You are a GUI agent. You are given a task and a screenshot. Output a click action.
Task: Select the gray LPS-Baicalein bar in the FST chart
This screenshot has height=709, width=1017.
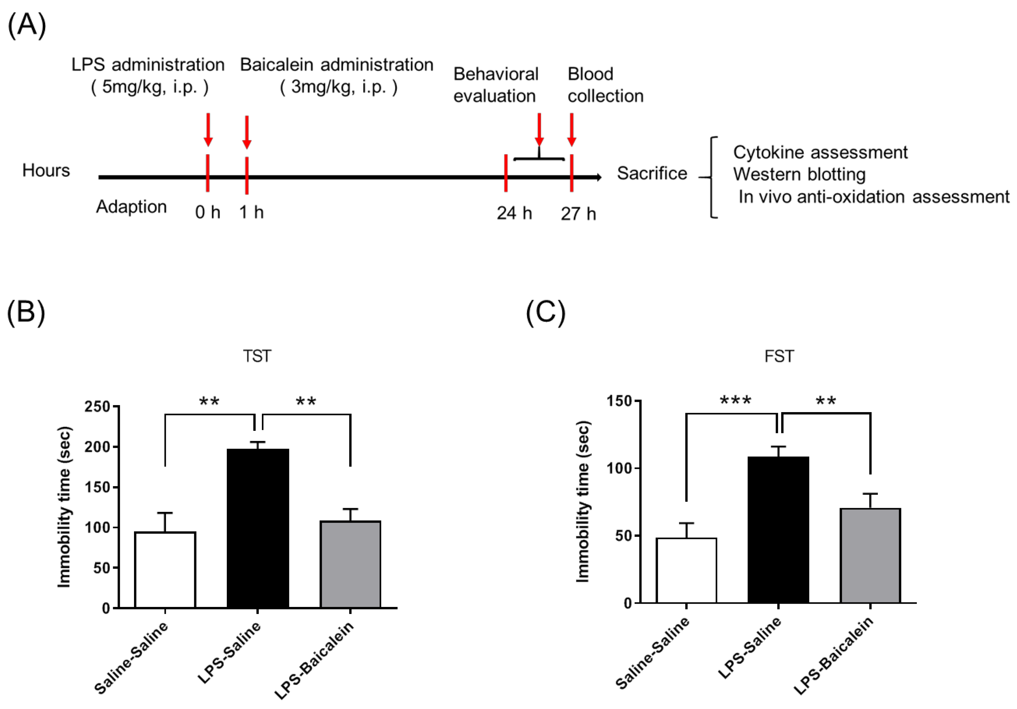[x=870, y=555]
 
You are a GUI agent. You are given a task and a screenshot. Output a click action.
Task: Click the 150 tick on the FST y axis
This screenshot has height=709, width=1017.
[x=619, y=401]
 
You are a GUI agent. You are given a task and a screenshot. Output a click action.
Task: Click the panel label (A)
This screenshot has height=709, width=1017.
[x=26, y=25]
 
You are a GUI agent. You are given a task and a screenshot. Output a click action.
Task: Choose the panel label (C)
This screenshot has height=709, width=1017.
[x=545, y=313]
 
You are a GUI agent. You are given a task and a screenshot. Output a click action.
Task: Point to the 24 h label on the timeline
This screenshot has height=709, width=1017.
[x=514, y=213]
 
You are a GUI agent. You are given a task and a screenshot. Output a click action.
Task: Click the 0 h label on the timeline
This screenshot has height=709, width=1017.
[x=208, y=213]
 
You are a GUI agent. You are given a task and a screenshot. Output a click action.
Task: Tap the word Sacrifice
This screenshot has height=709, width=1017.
[x=652, y=173]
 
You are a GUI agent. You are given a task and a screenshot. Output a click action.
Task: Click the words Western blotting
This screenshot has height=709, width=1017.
[x=799, y=174]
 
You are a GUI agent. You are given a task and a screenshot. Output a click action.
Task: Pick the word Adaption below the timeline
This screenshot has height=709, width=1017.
[x=131, y=207]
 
